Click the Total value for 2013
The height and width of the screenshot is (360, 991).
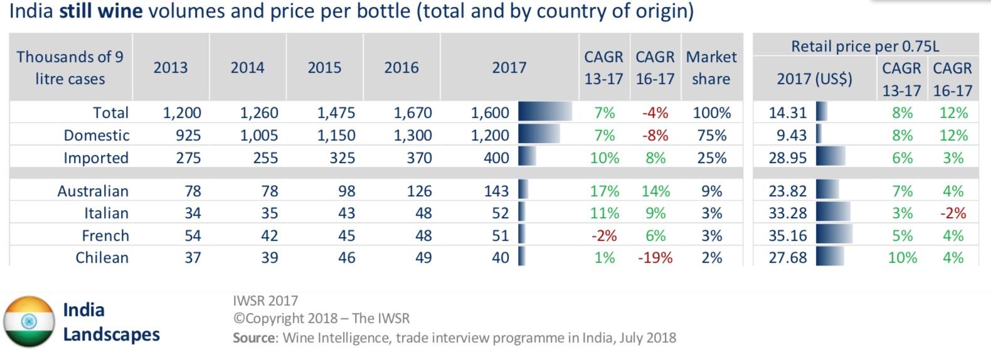pos(182,113)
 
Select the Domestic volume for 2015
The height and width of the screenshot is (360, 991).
pos(336,135)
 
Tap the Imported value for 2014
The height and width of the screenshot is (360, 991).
pos(265,158)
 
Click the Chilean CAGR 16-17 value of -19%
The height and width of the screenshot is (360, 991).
pos(655,258)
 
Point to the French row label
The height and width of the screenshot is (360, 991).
pos(105,236)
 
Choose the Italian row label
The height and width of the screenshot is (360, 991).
pos(107,213)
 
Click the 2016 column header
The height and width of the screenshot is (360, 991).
pos(401,68)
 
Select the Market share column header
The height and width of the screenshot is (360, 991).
pos(711,68)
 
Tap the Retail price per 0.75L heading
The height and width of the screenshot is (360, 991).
pos(865,46)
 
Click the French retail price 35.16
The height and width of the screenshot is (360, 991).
pos(788,236)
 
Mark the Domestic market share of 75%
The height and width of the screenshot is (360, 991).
pos(712,135)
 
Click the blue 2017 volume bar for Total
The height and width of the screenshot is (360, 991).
pos(544,112)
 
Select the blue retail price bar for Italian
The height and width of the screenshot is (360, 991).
pos(833,213)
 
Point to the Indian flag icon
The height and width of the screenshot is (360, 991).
pos(29,321)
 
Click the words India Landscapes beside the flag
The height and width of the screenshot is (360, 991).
pos(111,322)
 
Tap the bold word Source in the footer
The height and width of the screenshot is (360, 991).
pos(254,338)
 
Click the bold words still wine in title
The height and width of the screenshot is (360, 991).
pos(100,11)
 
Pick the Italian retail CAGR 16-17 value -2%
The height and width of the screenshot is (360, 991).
pos(953,213)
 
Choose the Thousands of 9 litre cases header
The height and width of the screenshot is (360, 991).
pos(70,68)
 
